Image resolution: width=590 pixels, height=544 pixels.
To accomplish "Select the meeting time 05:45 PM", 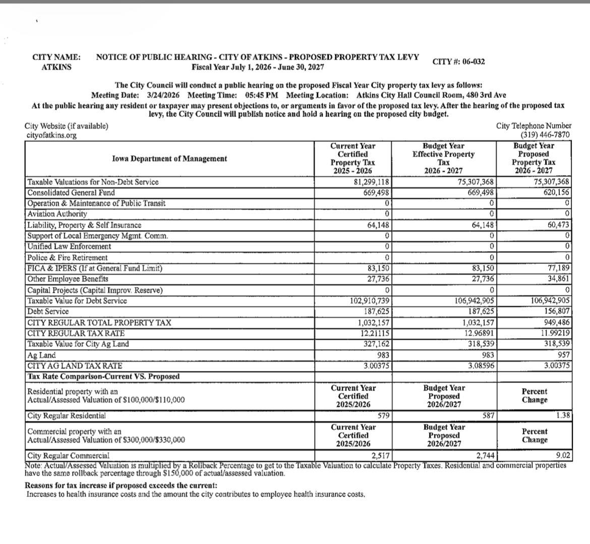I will click(262, 95).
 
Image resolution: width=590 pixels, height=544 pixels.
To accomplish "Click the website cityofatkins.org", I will click(51, 135).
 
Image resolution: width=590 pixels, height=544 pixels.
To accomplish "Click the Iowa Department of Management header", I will click(169, 158).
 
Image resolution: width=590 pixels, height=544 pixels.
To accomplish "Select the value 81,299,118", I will click(370, 182).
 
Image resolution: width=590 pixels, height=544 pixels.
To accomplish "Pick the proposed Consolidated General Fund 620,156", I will click(557, 193).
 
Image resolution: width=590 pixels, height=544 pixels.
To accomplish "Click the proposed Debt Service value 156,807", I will click(557, 312).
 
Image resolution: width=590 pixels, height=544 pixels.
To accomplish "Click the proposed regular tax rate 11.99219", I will click(556, 334).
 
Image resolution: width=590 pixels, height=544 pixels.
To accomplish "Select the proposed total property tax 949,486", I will click(557, 323).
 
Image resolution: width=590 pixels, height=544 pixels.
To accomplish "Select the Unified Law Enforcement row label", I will click(69, 247).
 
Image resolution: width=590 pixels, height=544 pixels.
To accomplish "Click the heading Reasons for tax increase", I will click(121, 485).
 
